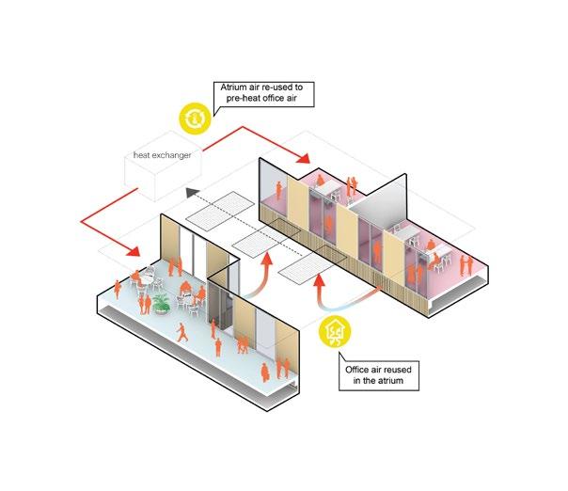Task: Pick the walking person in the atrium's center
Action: point(181,333)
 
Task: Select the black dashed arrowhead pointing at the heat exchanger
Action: point(191,193)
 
